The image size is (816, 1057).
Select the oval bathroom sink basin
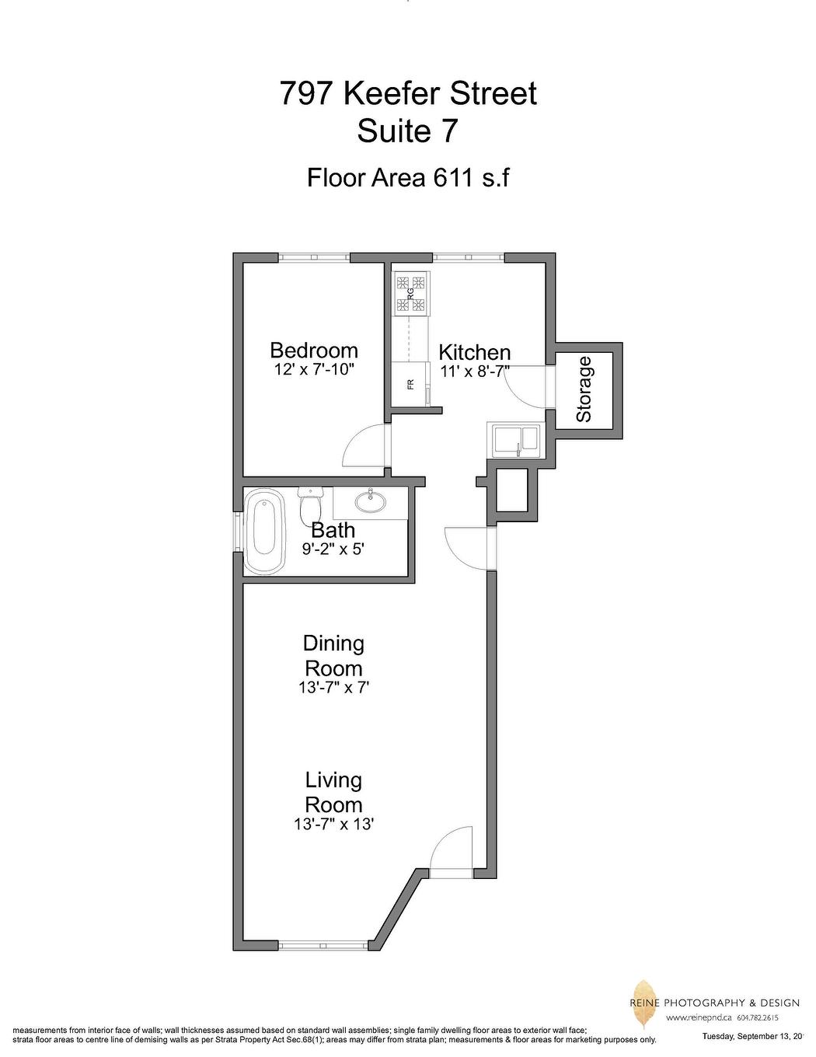click(x=371, y=502)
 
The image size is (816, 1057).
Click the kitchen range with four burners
click(x=410, y=295)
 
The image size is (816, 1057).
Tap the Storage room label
click(x=584, y=389)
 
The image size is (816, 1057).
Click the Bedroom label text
click(x=314, y=350)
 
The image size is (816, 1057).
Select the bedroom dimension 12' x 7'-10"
click(x=314, y=369)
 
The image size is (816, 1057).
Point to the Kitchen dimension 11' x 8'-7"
click(x=474, y=371)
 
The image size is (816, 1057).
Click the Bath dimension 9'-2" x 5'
click(x=333, y=549)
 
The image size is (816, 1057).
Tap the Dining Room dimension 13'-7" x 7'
click(x=333, y=687)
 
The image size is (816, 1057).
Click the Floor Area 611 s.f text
click(x=408, y=178)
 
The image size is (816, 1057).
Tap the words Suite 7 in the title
click(x=407, y=131)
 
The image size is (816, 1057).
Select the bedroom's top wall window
click(x=314, y=257)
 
